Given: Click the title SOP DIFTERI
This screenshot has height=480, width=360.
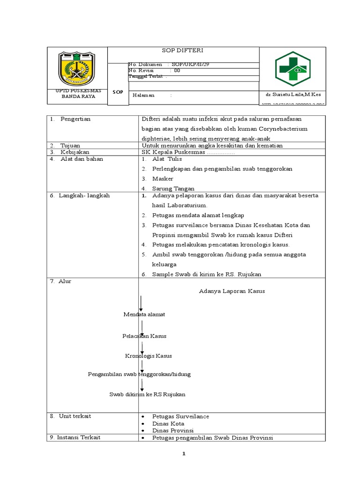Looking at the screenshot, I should click(183, 51).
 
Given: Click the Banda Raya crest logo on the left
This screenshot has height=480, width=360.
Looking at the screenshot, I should click(76, 69).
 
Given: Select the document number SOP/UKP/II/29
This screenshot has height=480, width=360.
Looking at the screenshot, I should click(187, 64).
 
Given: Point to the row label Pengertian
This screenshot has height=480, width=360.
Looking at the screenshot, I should click(75, 119).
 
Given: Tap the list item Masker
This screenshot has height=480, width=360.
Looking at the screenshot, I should click(163, 179).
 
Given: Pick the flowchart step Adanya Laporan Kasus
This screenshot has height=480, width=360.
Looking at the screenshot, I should click(232, 291).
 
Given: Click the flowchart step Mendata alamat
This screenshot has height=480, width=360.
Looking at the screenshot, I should click(144, 314).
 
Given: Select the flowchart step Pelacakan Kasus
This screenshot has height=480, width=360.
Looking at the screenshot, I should click(144, 336).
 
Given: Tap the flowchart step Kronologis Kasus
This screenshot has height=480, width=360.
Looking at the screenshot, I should click(149, 356).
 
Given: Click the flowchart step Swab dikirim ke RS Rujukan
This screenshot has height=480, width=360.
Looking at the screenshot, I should click(148, 394).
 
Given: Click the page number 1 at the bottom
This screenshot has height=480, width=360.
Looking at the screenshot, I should click(184, 454).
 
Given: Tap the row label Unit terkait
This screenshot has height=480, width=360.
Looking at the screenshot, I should click(75, 416).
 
